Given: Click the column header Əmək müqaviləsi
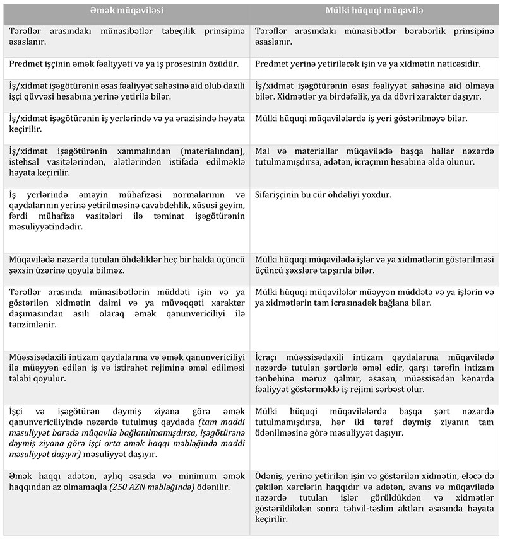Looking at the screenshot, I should coord(126,11).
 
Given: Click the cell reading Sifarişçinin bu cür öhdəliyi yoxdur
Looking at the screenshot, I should coord(323,195).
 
